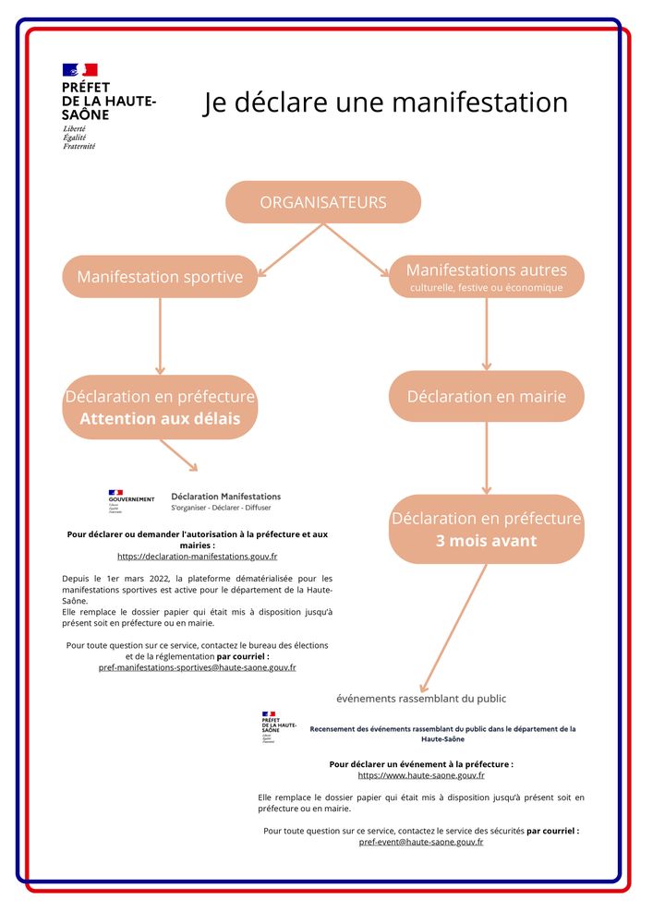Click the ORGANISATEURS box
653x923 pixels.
click(x=323, y=202)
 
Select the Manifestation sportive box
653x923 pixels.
click(x=160, y=277)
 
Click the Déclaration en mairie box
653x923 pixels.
click(x=486, y=396)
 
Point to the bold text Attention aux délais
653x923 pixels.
click(x=160, y=419)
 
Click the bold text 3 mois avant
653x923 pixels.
click(x=486, y=541)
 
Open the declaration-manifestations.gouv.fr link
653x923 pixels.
click(x=197, y=557)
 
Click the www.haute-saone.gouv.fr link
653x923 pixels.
click(x=420, y=775)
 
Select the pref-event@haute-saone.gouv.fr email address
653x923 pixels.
click(x=420, y=842)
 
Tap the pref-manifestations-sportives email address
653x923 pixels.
click(x=197, y=666)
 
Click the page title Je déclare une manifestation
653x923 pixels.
click(x=385, y=102)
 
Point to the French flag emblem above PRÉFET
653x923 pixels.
click(x=79, y=69)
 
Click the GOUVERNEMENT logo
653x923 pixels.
click(x=130, y=499)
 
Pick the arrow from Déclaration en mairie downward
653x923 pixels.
click(x=487, y=457)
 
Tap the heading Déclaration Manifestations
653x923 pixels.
click(x=226, y=496)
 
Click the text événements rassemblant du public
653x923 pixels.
click(x=420, y=698)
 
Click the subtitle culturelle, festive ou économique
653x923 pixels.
click(x=486, y=288)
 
